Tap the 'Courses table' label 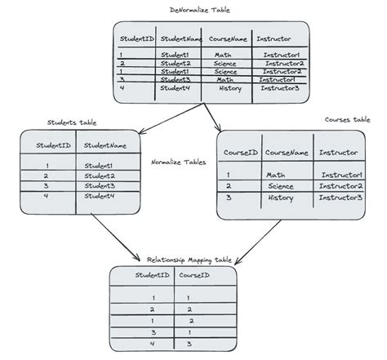coord(346,119)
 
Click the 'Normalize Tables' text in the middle coord(179,162)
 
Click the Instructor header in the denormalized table coord(274,38)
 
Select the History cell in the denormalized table coord(230,88)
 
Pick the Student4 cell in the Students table coord(99,196)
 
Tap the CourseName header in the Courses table coord(287,153)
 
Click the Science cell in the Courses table coord(280,186)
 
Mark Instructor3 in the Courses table coord(340,198)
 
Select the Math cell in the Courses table coord(275,175)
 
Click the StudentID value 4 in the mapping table coord(152,344)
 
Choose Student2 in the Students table coord(99,176)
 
